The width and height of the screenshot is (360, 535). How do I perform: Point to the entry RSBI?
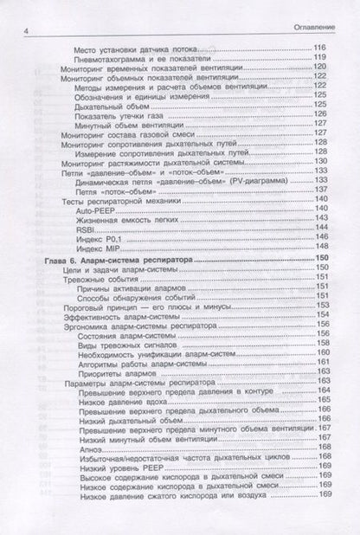[84, 229]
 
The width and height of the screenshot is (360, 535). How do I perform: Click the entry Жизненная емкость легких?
[122, 220]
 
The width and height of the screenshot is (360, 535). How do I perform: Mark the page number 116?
[320, 48]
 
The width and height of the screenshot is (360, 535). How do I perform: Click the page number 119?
[320, 57]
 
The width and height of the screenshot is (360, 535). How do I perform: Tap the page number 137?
[320, 191]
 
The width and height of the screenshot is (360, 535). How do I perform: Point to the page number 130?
[320, 162]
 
